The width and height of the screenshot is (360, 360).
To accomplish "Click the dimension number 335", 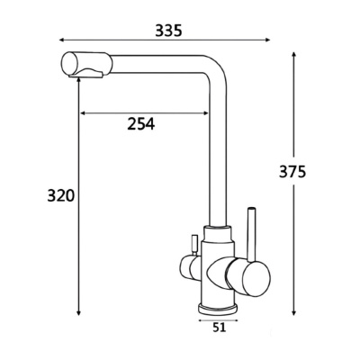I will click(x=167, y=31).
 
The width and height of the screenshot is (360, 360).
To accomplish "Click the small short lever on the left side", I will click(x=192, y=244).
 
